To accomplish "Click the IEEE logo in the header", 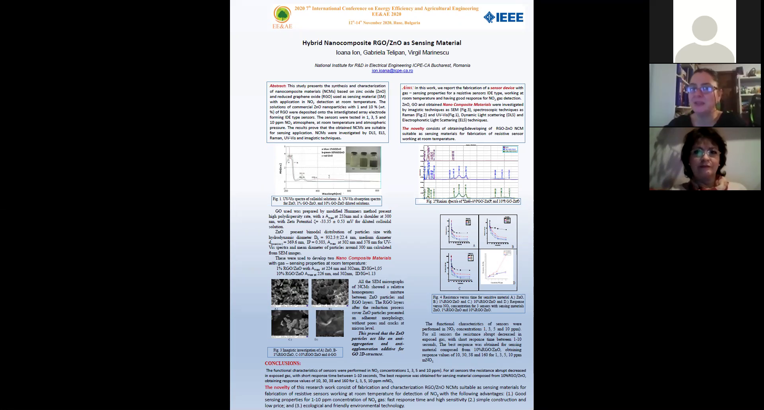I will coord(503,17).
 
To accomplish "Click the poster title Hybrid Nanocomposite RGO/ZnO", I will coord(382,43).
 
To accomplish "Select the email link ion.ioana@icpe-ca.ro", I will coord(392,71).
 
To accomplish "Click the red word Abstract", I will coord(278,86).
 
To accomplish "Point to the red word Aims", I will coord(407,88).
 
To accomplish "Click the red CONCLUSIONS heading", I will coord(283,363).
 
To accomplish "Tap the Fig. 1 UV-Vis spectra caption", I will coord(326,201).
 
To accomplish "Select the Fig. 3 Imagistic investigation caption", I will coord(305,352).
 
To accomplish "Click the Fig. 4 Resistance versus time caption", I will coord(478,303).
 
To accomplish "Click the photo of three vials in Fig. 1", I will coord(363,159).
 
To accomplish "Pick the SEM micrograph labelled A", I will coord(290,292).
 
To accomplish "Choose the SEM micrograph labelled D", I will coord(329,323).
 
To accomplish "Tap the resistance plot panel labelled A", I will coord(460,232).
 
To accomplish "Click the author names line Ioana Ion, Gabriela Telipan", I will coord(392,53).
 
